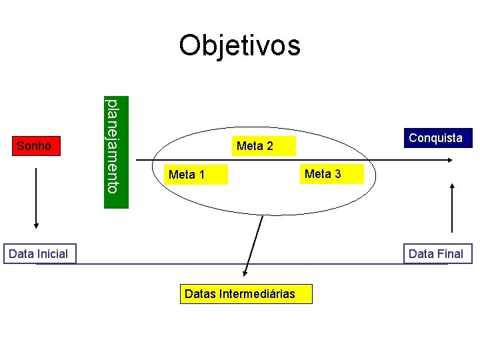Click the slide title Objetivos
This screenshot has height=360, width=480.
coord(239,45)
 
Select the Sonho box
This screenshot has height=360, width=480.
coord(34,145)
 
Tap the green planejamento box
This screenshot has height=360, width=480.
coord(115,153)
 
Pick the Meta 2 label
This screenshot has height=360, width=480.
coord(255,145)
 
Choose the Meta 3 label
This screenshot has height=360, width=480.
coord(323,174)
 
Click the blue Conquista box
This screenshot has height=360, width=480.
coord(435,138)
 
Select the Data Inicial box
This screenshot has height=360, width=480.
coord(39,253)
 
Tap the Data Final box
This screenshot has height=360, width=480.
coord(436,253)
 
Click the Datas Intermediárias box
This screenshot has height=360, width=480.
coord(246,293)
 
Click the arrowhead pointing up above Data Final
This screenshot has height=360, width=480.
coord(453,187)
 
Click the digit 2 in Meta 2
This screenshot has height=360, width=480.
coord(269,146)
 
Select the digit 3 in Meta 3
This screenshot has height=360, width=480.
coord(337,174)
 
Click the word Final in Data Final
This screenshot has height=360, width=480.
coord(449,253)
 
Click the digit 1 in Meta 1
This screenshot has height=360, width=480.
coord(201,175)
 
